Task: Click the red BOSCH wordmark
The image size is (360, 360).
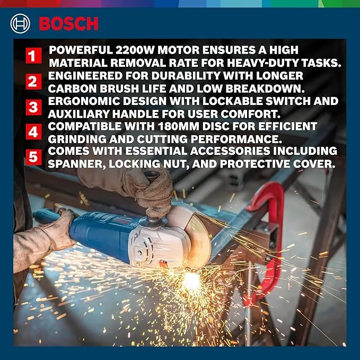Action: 68,24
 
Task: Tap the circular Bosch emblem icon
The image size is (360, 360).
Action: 20,24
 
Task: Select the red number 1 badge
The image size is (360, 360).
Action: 33,56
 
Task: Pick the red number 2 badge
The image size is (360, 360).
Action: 33,82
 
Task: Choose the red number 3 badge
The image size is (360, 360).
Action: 33,107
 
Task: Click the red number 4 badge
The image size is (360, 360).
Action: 33,132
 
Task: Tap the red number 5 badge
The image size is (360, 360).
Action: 33,157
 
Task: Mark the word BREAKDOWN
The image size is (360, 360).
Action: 265,89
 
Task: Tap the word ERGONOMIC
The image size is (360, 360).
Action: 84,101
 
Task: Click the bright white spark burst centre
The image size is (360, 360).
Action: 191,279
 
